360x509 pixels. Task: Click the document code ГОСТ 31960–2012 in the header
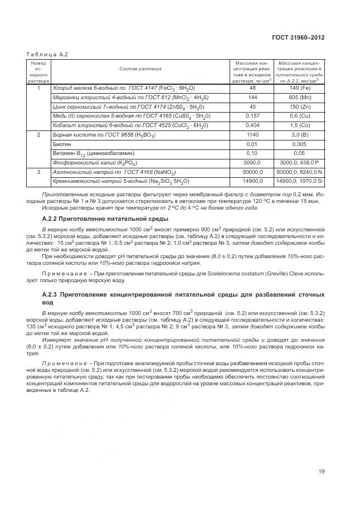(x=298, y=37)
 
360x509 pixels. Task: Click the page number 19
(x=321, y=472)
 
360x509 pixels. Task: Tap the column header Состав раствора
(x=140, y=69)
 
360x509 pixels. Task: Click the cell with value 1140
(x=252, y=135)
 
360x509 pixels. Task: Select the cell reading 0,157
(x=252, y=116)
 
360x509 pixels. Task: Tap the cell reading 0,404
(x=252, y=125)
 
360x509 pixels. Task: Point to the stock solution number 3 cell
(x=38, y=172)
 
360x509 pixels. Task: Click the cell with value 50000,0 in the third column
(x=252, y=172)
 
